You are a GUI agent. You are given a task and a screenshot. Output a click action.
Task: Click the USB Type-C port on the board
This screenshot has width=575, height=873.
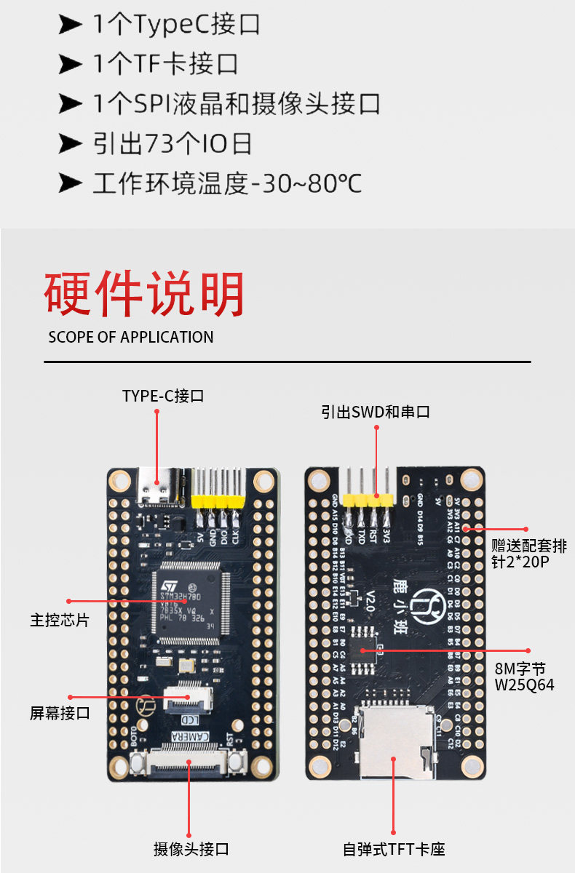(158, 486)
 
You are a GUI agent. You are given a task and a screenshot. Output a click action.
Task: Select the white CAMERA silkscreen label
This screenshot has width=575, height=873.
(191, 738)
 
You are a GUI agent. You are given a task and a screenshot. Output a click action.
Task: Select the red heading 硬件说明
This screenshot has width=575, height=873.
(144, 295)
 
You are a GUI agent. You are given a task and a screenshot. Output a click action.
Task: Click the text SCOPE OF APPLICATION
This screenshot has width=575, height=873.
(131, 338)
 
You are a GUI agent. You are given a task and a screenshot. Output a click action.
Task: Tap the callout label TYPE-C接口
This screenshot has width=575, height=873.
(163, 396)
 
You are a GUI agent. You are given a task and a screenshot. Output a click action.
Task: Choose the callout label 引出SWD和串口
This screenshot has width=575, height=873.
(376, 412)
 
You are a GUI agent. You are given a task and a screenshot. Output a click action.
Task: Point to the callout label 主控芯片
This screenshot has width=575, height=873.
(60, 621)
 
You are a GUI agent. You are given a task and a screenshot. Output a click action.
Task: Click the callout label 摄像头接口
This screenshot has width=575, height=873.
(191, 849)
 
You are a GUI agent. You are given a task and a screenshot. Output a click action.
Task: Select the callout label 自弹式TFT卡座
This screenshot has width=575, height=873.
(394, 849)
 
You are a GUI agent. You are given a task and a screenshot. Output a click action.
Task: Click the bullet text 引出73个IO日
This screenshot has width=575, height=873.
(172, 143)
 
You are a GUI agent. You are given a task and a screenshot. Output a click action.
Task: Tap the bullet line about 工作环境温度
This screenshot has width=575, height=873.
(226, 183)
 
